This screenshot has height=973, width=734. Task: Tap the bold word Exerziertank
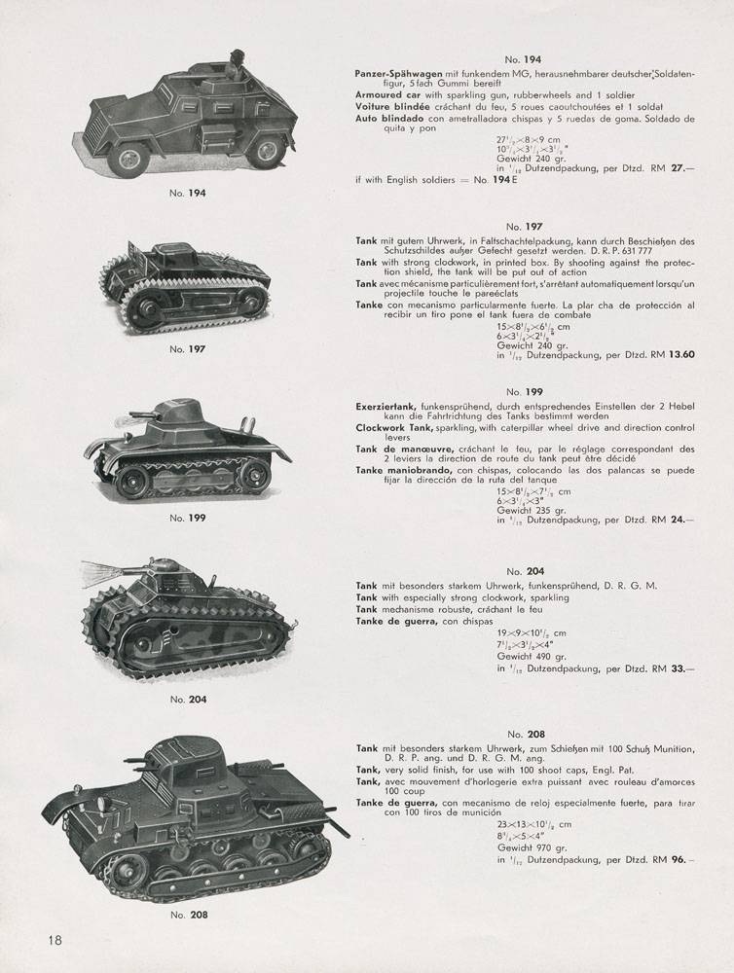[386, 401]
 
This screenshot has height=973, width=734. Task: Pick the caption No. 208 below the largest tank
[185, 914]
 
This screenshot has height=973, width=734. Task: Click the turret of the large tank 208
[185, 755]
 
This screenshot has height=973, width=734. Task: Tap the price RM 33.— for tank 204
[675, 668]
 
